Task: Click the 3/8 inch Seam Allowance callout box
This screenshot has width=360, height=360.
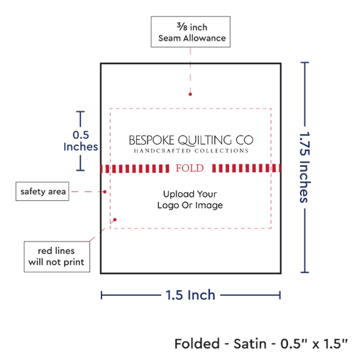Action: [x=190, y=32]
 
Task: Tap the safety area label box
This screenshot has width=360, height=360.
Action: [x=43, y=191]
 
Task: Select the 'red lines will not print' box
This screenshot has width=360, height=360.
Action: [x=57, y=257]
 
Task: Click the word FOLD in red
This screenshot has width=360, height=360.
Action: [x=190, y=168]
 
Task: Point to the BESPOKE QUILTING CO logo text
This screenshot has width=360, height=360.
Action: [x=191, y=140]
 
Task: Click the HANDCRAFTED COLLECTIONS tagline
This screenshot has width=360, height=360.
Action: [x=191, y=151]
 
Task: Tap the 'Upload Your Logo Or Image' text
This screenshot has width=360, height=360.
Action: [x=190, y=200]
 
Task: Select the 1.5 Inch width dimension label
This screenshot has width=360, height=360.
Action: [x=190, y=295]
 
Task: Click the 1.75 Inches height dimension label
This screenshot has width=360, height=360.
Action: [x=305, y=167]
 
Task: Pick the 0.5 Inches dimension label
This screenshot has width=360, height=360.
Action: [x=81, y=141]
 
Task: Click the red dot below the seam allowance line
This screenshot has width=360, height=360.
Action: [x=190, y=94]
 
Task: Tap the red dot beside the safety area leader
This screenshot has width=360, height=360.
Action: [x=105, y=192]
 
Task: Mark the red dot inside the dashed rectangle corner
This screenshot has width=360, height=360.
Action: [x=115, y=220]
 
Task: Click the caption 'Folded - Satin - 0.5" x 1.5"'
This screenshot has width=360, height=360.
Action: [x=261, y=344]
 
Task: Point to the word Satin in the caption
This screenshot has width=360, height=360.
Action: [x=250, y=344]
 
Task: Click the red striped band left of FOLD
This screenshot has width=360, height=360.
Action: [x=135, y=168]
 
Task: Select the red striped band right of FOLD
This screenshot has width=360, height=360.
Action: [x=246, y=168]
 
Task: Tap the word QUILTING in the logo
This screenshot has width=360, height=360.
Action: [x=205, y=141]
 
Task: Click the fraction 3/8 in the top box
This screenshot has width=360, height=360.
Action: [x=182, y=27]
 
